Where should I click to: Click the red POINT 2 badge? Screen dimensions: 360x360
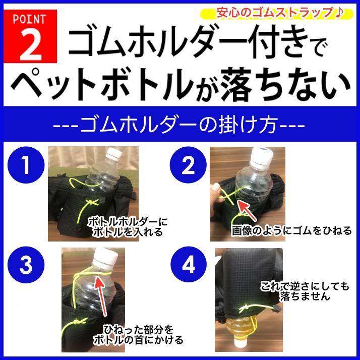pyautogui.click(x=30, y=36)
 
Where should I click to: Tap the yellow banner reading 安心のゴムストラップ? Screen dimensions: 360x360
pyautogui.click(x=277, y=13)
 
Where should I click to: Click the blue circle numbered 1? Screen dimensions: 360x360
pyautogui.click(x=26, y=165)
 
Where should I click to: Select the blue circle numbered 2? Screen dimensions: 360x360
pyautogui.click(x=188, y=165)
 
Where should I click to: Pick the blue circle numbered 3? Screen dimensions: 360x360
pyautogui.click(x=26, y=265)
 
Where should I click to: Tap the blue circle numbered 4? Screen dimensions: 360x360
pyautogui.click(x=188, y=265)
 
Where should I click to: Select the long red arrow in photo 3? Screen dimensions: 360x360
pyautogui.click(x=101, y=296)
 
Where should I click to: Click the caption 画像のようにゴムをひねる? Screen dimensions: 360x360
pyautogui.click(x=291, y=230)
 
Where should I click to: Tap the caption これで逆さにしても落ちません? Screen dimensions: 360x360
pyautogui.click(x=305, y=291)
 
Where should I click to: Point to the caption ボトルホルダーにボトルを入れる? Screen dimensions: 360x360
pyautogui.click(x=128, y=227)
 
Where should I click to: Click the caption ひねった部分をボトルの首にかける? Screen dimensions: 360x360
pyautogui.click(x=138, y=335)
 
